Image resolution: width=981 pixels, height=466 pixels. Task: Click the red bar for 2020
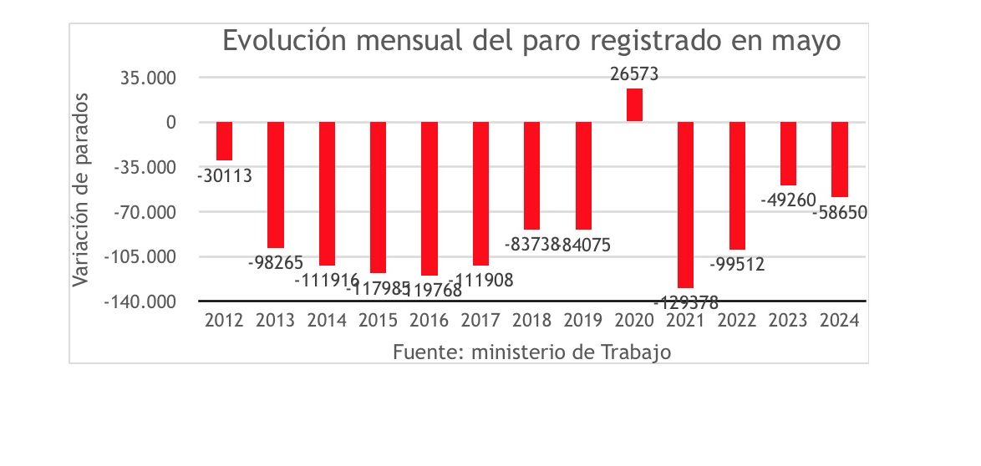pos(634,105)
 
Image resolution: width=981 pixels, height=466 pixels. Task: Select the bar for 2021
pos(686,205)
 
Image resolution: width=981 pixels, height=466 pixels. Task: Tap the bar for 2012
pos(224,141)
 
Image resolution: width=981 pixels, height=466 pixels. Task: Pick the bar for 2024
pos(840,160)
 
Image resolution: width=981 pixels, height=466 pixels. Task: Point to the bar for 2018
pos(531,175)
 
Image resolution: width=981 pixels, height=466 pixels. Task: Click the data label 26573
pos(634,74)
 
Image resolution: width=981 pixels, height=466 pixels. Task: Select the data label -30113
pos(225,176)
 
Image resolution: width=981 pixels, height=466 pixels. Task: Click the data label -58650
pos(840,213)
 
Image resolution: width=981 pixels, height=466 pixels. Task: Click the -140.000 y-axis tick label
pos(140,301)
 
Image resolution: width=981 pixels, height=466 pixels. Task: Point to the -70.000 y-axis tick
pos(145,212)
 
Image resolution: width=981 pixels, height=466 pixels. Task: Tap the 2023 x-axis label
pos(788,320)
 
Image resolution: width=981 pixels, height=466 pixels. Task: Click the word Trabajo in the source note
pos(638,352)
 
